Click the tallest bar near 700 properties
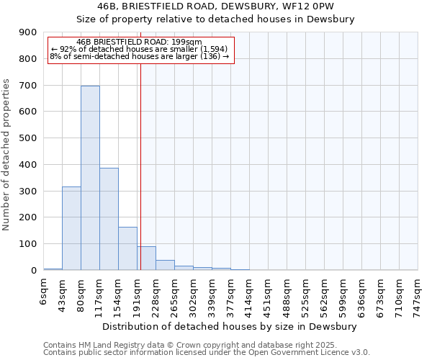[90, 178]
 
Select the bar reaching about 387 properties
[109, 219]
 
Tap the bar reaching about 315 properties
[71, 228]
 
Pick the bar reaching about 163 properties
[127, 248]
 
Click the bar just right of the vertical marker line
[147, 258]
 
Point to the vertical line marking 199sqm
[140, 166]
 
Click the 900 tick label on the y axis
[28, 32]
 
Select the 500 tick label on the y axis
[28, 138]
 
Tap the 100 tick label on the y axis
[28, 244]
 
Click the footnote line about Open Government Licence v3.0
[207, 353]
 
